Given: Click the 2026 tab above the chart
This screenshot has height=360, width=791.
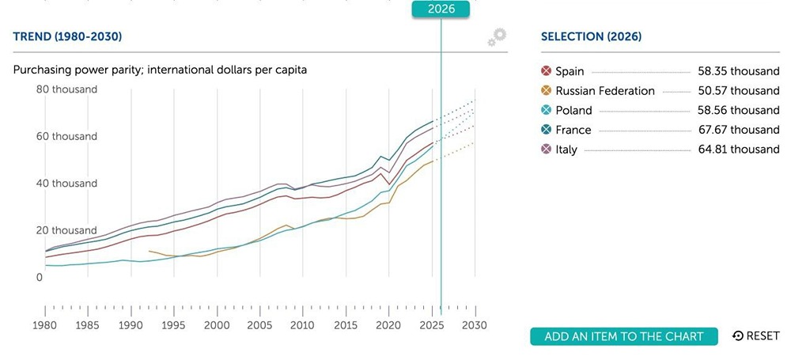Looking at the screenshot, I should click(x=441, y=9).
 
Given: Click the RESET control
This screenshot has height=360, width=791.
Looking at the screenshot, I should click(x=756, y=336).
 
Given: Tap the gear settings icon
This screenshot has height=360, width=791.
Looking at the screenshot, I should click(x=497, y=36).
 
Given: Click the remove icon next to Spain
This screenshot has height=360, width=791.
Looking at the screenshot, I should click(x=545, y=71).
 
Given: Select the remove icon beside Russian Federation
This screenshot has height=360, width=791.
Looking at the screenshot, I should click(x=545, y=91).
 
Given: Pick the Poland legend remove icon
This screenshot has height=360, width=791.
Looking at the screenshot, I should click(x=545, y=110).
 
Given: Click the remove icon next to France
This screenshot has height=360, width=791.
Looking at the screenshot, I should click(x=545, y=130).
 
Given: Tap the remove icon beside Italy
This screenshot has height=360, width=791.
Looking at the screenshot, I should click(x=545, y=149).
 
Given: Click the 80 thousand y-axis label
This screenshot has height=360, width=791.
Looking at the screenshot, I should click(x=67, y=89).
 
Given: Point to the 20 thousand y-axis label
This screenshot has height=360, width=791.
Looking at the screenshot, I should click(x=67, y=230).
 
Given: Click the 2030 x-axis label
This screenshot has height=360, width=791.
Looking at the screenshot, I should click(x=474, y=325).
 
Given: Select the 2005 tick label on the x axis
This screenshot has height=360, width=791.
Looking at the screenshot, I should click(x=259, y=325).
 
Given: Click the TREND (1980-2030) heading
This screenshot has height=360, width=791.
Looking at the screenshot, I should click(x=67, y=36).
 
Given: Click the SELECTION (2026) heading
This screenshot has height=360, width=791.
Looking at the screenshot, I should click(x=591, y=36).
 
